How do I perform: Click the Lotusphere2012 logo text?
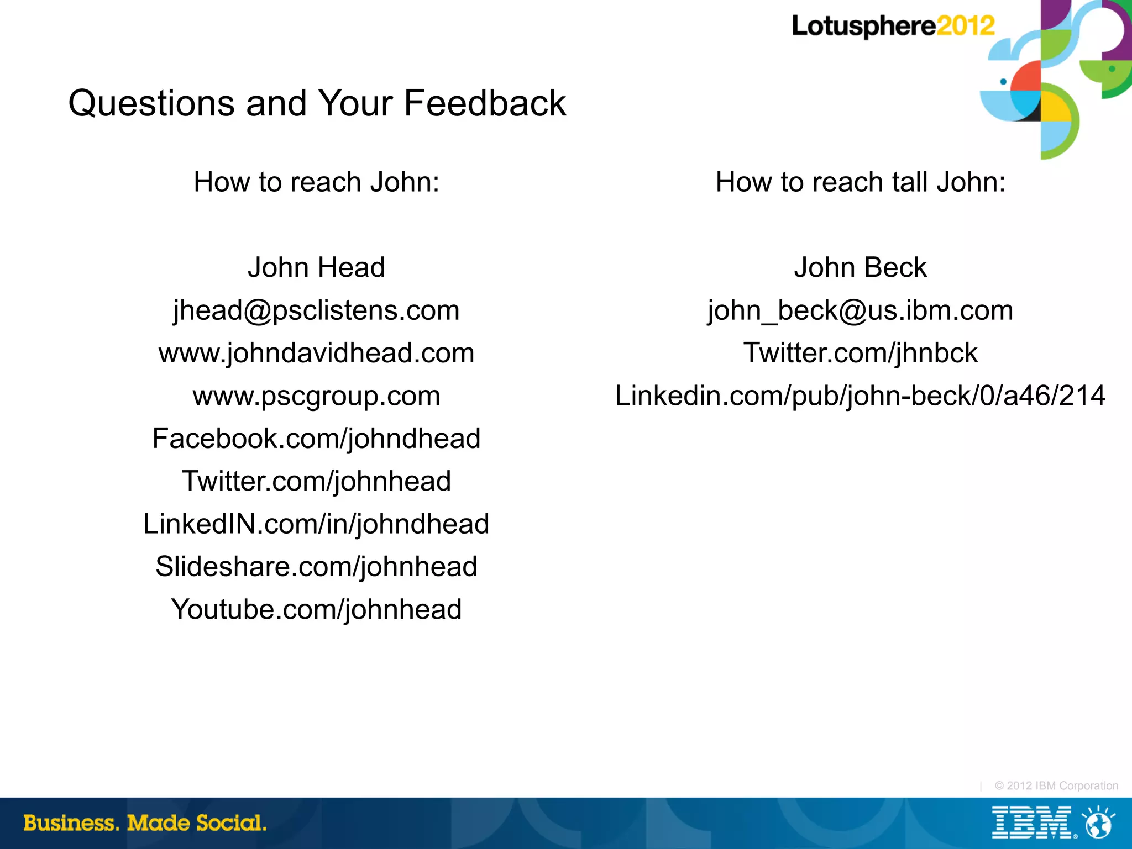pyautogui.click(x=893, y=26)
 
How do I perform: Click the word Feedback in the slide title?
pyautogui.click(x=485, y=103)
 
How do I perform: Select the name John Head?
pyautogui.click(x=316, y=267)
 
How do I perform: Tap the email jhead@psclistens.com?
pyautogui.click(x=316, y=310)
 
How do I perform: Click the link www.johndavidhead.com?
pyautogui.click(x=316, y=353)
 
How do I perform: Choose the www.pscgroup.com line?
pyautogui.click(x=316, y=396)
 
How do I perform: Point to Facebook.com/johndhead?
pyautogui.click(x=316, y=439)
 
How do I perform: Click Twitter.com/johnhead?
pyautogui.click(x=316, y=481)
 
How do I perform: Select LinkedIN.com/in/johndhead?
pyautogui.click(x=316, y=524)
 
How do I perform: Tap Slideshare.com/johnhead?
pyautogui.click(x=316, y=567)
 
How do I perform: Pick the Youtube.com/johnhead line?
pyautogui.click(x=316, y=609)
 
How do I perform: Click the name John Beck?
pyautogui.click(x=860, y=267)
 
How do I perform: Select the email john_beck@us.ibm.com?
pyautogui.click(x=860, y=310)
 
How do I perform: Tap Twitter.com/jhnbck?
pyautogui.click(x=860, y=353)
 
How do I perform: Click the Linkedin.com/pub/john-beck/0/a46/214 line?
pyautogui.click(x=860, y=396)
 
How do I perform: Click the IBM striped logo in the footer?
pyautogui.click(x=1032, y=822)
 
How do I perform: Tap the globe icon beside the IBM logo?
pyautogui.click(x=1098, y=823)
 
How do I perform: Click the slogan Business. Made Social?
pyautogui.click(x=145, y=823)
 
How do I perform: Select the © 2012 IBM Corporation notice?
pyautogui.click(x=1056, y=785)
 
